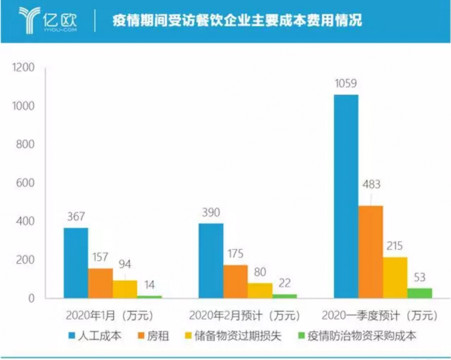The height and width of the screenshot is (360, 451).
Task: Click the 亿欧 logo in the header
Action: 47,21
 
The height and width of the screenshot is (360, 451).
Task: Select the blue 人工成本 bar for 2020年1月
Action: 76,262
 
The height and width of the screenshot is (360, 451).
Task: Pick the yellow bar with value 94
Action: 125,289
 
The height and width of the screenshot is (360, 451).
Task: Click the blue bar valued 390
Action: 211,260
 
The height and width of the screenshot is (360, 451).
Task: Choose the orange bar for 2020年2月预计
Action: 235,281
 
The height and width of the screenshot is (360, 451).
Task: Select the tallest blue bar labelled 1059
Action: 346,196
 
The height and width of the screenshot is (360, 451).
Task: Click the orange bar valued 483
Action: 370,252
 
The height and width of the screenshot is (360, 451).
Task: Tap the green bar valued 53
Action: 419,293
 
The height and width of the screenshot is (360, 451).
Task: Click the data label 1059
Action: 346,84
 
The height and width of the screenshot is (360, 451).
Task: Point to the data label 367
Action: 75,217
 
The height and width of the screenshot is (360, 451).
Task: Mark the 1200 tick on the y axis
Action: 23,68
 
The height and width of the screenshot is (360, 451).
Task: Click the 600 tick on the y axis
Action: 25,183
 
